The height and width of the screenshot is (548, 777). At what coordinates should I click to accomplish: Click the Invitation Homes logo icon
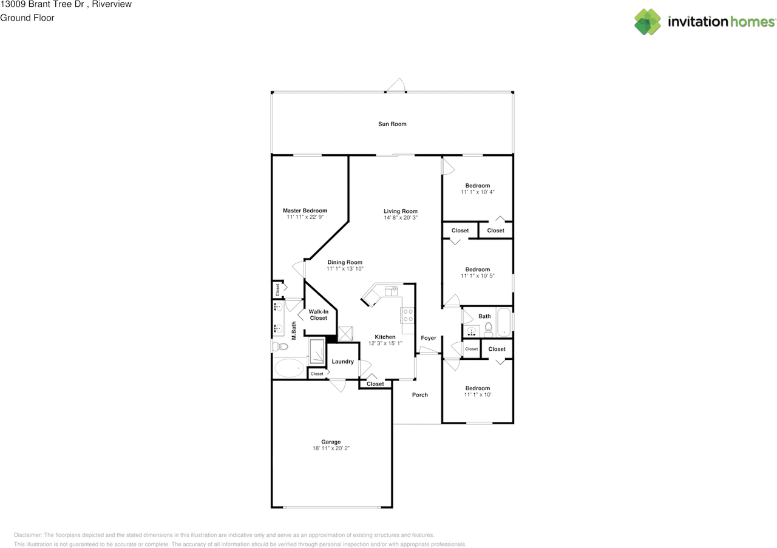pyautogui.click(x=648, y=22)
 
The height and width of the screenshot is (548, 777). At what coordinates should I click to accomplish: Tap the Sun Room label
pyautogui.click(x=392, y=124)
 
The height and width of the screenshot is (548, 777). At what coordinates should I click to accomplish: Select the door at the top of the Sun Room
pyautogui.click(x=397, y=86)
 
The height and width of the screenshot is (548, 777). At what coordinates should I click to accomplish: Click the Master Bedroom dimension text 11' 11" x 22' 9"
pyautogui.click(x=305, y=217)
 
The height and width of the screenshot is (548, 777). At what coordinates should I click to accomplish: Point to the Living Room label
pyautogui.click(x=400, y=211)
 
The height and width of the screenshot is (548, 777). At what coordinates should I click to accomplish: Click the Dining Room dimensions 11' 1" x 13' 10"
pyautogui.click(x=345, y=268)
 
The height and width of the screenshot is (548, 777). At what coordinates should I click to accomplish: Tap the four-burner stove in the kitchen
pyautogui.click(x=407, y=315)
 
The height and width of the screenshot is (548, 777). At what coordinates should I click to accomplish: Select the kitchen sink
pyautogui.click(x=391, y=292)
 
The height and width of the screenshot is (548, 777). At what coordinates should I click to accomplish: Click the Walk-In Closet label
pyautogui.click(x=318, y=314)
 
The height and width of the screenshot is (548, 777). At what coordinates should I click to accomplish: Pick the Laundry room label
pyautogui.click(x=343, y=362)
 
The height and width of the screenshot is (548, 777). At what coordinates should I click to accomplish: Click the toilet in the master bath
pyautogui.click(x=280, y=347)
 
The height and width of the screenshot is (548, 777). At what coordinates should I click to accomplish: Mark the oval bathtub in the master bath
pyautogui.click(x=289, y=368)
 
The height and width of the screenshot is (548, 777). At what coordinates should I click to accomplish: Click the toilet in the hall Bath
pyautogui.click(x=487, y=330)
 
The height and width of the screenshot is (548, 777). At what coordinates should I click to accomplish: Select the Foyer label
pyautogui.click(x=429, y=338)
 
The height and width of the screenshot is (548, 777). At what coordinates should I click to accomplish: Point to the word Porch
pyautogui.click(x=419, y=394)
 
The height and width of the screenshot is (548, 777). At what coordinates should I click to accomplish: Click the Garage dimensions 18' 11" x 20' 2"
pyautogui.click(x=331, y=448)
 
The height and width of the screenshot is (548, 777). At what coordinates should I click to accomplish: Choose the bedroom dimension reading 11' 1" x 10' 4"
pyautogui.click(x=477, y=192)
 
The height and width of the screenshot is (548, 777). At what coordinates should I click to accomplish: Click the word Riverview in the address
pyautogui.click(x=112, y=4)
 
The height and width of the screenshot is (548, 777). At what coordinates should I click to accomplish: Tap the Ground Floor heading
pyautogui.click(x=27, y=18)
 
